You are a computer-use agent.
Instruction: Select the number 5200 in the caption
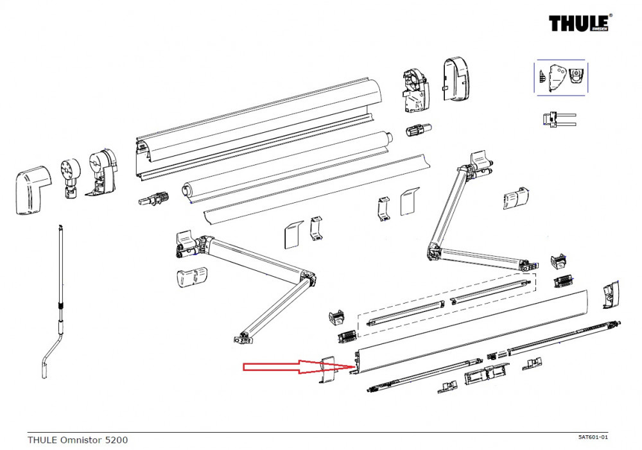coord(116,440)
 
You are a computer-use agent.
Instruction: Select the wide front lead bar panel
coord(472,331)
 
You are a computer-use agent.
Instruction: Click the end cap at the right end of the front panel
coord(610,293)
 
